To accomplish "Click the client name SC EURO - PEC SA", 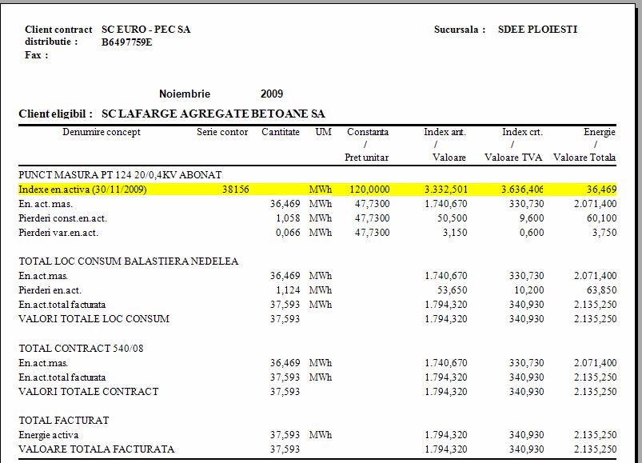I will point(146,30).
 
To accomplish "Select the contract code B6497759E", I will point(127,42).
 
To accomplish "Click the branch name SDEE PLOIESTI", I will point(537,30).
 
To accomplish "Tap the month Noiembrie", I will point(185,94).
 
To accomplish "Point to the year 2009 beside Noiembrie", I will point(272,94).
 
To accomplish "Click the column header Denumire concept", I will point(102,132).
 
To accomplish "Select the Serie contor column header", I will point(222,132).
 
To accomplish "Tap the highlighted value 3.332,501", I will point(445,190).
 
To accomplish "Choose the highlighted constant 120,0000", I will point(369,190).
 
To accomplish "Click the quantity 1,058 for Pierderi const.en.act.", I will point(285,218).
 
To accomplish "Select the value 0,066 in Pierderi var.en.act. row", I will point(285,233).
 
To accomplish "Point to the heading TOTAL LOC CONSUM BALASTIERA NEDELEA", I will point(129,261).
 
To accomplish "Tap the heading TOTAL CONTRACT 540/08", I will point(75,349).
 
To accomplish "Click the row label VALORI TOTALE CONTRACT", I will point(88,392).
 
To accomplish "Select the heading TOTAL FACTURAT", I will point(64,421).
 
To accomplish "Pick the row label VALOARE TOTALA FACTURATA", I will point(96,449).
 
